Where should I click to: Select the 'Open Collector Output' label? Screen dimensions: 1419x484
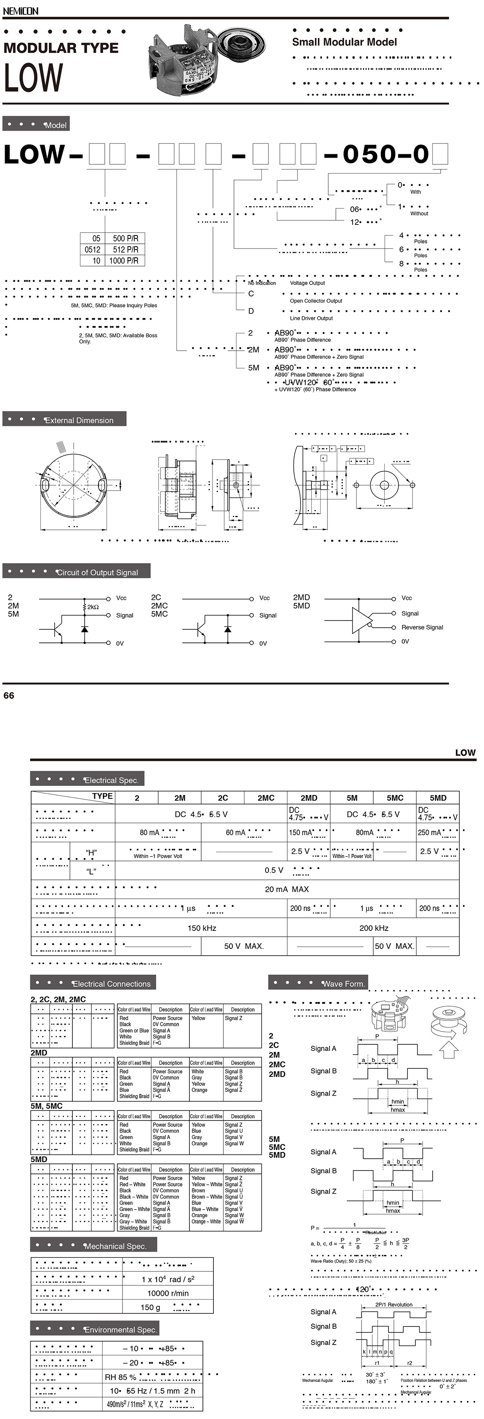(x=316, y=301)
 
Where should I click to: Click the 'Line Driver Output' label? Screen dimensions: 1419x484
(x=311, y=318)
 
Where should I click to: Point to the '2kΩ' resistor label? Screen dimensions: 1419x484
(x=93, y=607)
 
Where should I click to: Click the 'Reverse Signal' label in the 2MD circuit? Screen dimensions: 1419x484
(x=422, y=627)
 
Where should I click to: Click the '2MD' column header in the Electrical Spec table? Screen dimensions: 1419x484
(x=308, y=798)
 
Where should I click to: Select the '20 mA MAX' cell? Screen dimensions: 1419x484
(x=287, y=889)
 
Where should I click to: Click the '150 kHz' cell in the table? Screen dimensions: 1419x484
(x=202, y=928)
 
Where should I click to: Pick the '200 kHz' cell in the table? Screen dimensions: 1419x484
(x=374, y=928)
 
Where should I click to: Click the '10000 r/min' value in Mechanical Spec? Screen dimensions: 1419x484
(x=168, y=1293)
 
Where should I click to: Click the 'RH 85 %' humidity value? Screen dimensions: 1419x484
(x=121, y=1377)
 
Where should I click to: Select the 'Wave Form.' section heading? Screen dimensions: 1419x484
(x=343, y=983)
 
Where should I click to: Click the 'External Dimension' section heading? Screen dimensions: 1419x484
(x=79, y=420)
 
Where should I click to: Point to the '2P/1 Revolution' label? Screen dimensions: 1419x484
(x=394, y=1304)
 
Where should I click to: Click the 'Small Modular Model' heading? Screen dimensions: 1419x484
(x=344, y=42)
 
